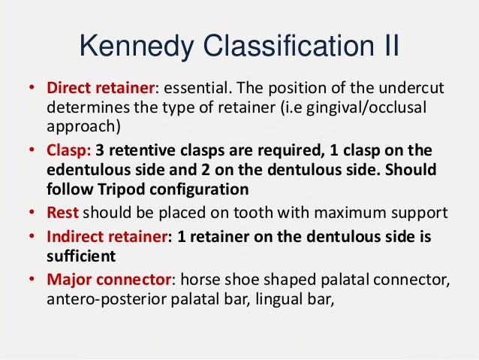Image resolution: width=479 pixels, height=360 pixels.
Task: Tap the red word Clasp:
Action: [68, 150]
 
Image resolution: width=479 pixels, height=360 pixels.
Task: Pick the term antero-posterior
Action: [101, 299]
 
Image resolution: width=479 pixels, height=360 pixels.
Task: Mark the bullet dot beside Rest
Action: [32, 212]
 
